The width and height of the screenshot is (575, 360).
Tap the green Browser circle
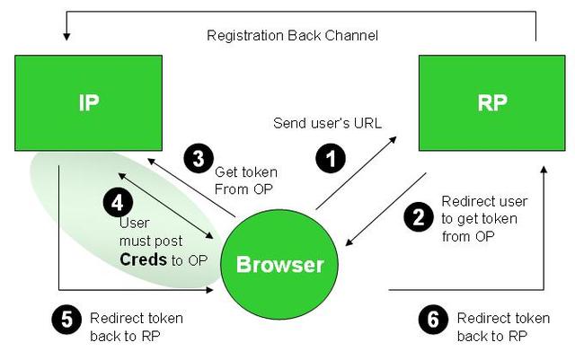(279, 264)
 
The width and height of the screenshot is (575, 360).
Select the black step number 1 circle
(332, 159)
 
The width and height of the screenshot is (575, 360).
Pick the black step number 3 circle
(197, 158)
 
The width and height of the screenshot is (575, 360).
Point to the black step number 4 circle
(117, 203)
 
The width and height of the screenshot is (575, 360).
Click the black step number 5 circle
(66, 319)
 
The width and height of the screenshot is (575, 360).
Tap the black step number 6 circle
(434, 319)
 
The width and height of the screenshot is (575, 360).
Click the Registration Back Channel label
(292, 36)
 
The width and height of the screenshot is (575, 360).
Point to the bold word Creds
(144, 259)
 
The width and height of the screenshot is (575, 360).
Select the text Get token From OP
(245, 179)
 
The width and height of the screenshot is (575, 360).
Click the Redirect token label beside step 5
(136, 327)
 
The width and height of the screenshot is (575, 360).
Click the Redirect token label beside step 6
(502, 327)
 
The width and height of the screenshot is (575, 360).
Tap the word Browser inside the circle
(279, 265)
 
